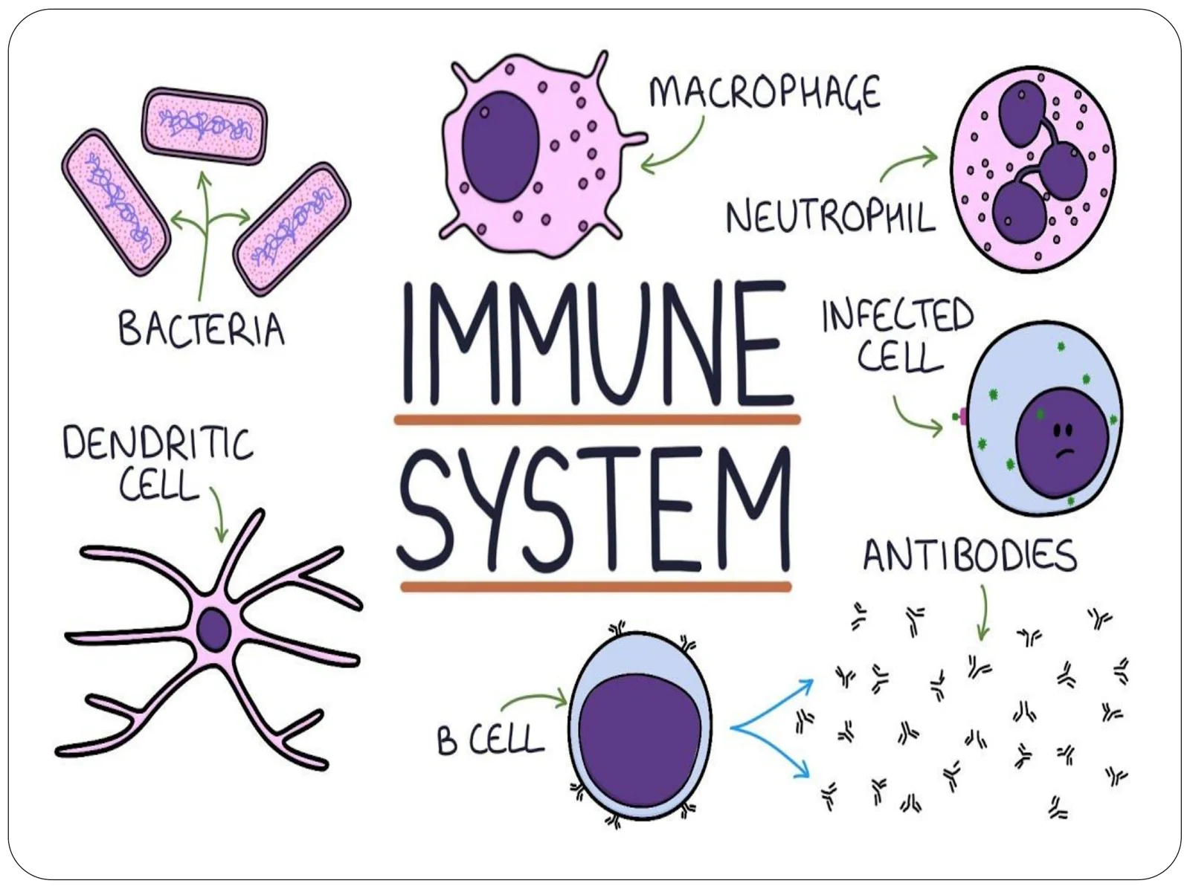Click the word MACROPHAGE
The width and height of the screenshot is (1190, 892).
pos(765,93)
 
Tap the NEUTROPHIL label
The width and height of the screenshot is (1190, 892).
pos(831,216)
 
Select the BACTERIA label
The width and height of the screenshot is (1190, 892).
pos(201,329)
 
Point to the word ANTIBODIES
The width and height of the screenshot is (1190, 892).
pos(970,555)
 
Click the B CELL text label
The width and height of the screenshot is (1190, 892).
pos(490,740)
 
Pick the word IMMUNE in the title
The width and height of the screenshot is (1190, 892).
pos(596,343)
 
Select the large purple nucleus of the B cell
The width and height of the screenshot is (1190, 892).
pos(640,740)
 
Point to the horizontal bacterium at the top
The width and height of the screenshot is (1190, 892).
pos(205,126)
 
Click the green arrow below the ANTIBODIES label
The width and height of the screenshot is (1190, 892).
pos(983,613)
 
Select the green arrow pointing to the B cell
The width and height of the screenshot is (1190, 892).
pos(534,698)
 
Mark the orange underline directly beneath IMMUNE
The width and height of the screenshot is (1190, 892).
pos(597,419)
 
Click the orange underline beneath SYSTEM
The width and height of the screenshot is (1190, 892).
pos(596,586)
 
